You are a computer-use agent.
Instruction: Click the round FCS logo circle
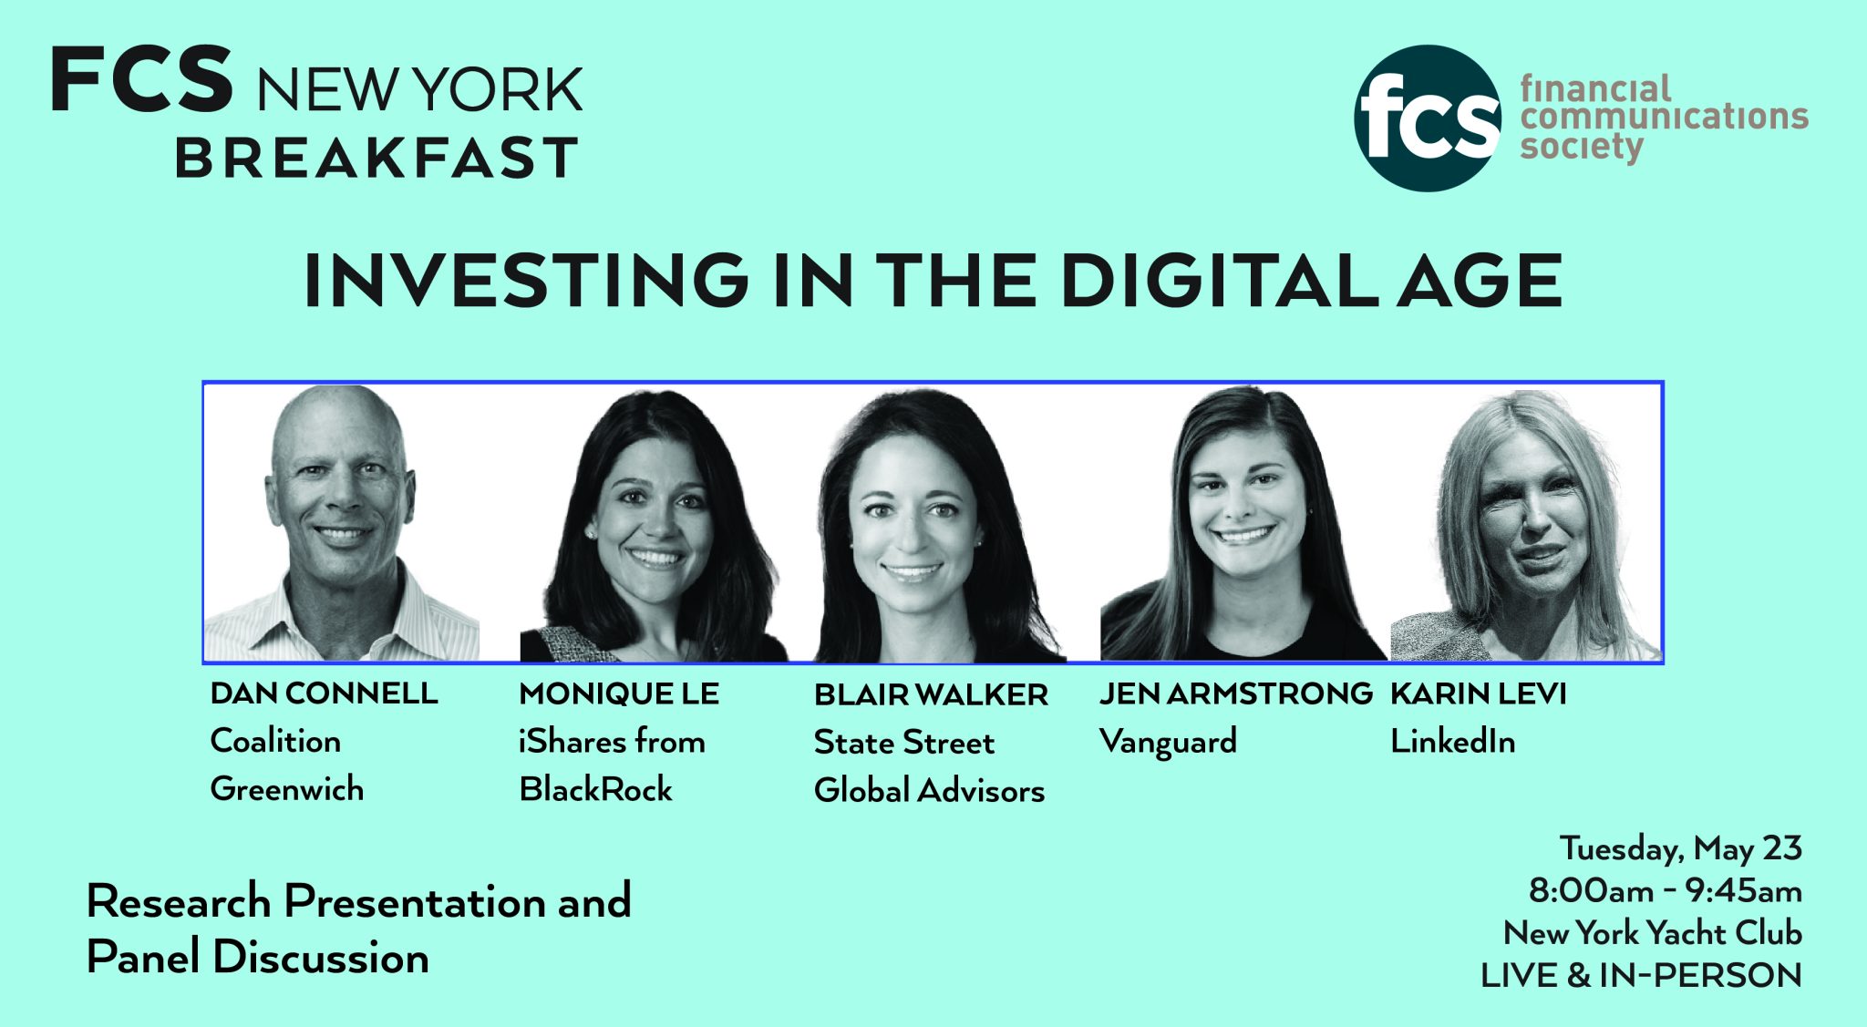pyautogui.click(x=1428, y=118)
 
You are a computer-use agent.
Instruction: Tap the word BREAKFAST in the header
pyautogui.click(x=376, y=157)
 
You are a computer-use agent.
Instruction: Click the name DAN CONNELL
pyautogui.click(x=324, y=693)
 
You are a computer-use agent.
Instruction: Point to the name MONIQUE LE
pyautogui.click(x=619, y=694)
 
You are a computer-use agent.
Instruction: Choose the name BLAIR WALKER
pyautogui.click(x=931, y=695)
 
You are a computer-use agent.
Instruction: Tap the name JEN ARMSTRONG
pyautogui.click(x=1235, y=693)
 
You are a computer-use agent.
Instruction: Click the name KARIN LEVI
pyautogui.click(x=1478, y=693)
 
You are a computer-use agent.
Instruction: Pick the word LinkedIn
pyautogui.click(x=1452, y=742)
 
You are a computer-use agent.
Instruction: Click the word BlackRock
pyautogui.click(x=595, y=789)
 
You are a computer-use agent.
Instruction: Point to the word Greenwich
pyautogui.click(x=286, y=789)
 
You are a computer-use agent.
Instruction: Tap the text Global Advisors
pyautogui.click(x=929, y=791)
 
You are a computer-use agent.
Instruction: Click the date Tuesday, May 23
pyautogui.click(x=1680, y=849)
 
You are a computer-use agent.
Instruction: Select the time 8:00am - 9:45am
pyautogui.click(x=1665, y=890)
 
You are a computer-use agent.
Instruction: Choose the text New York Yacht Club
pyautogui.click(x=1652, y=933)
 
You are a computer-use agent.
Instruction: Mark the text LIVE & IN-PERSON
pyautogui.click(x=1641, y=976)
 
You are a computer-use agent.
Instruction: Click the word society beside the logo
pyautogui.click(x=1582, y=147)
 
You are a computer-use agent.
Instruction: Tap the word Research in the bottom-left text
pyautogui.click(x=179, y=901)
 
